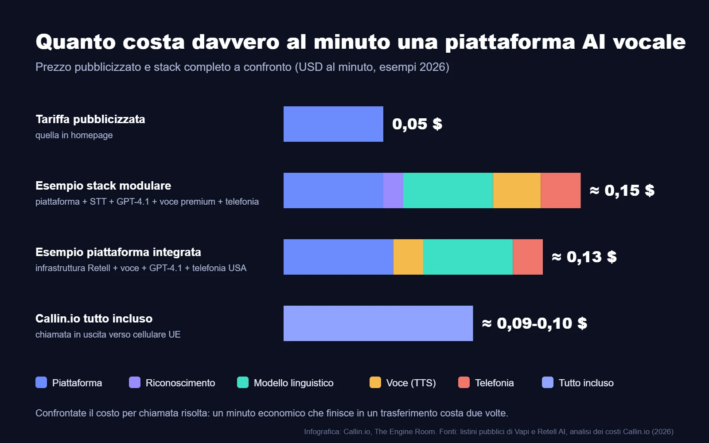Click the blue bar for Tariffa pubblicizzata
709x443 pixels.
tap(333, 124)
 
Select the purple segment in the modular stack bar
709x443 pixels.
tap(393, 190)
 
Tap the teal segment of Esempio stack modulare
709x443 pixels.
tap(448, 190)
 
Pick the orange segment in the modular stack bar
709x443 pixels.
tap(517, 190)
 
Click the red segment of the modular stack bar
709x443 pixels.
tap(561, 190)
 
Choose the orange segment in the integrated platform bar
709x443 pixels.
tap(408, 257)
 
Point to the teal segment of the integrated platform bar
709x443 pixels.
tap(468, 257)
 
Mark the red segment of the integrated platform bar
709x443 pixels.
tap(528, 257)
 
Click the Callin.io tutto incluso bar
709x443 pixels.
tap(378, 323)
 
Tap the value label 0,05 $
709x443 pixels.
tap(417, 124)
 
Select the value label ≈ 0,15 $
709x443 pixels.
tap(622, 190)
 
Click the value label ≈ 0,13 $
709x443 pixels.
tap(584, 257)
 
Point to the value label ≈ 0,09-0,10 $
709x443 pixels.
tap(534, 323)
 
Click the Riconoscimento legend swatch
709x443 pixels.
tap(135, 383)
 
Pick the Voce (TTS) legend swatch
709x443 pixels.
tap(375, 383)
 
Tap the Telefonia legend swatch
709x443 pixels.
tap(464, 383)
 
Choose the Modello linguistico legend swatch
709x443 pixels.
tap(243, 383)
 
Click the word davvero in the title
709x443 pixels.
tap(235, 42)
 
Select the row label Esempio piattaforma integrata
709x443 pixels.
tap(118, 252)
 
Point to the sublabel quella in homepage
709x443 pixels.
tap(74, 135)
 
